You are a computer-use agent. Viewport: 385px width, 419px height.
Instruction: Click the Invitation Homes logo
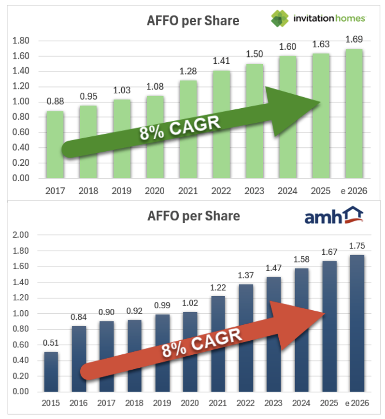coord(318,19)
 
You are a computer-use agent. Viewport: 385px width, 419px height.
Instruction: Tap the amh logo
coord(334,216)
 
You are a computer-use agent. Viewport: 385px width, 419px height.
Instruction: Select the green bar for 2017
coord(55,145)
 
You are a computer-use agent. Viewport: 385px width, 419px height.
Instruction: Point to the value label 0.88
coord(55,102)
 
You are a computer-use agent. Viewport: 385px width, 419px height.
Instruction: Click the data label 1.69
coord(354,40)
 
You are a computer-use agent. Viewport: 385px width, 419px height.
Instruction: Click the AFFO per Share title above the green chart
coord(193,21)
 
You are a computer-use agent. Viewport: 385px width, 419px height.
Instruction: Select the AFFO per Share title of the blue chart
coord(194,216)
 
